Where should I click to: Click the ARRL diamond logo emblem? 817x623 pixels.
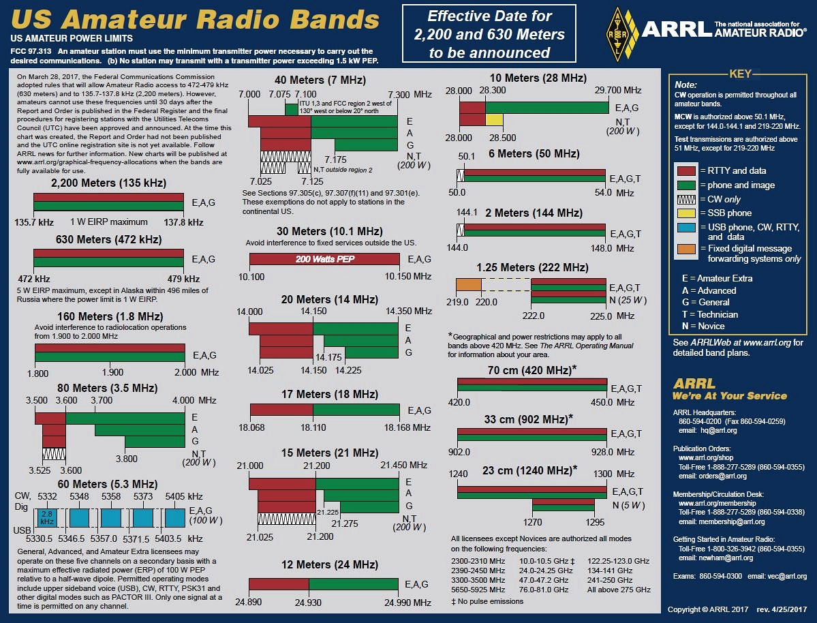pos(618,33)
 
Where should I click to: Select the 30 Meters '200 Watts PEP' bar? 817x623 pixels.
pos(325,259)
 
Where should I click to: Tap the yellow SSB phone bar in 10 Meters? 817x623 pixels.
pos(494,120)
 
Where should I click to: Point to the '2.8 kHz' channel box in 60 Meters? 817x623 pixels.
pos(46,517)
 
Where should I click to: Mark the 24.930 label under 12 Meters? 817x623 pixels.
pos(309,603)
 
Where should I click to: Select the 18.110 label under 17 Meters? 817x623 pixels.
pos(313,427)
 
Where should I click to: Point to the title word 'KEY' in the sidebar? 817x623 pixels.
pos(739,75)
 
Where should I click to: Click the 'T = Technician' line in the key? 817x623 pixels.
pos(709,315)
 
